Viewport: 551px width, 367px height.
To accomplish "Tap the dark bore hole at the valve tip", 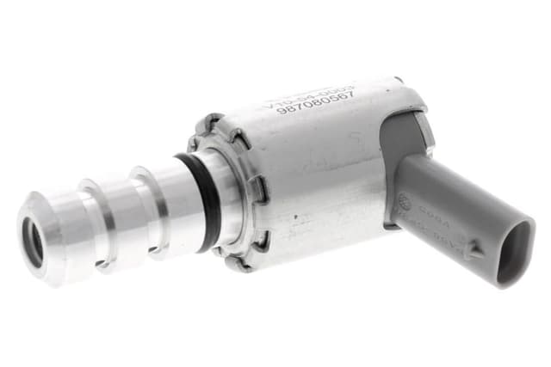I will (34, 242).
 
